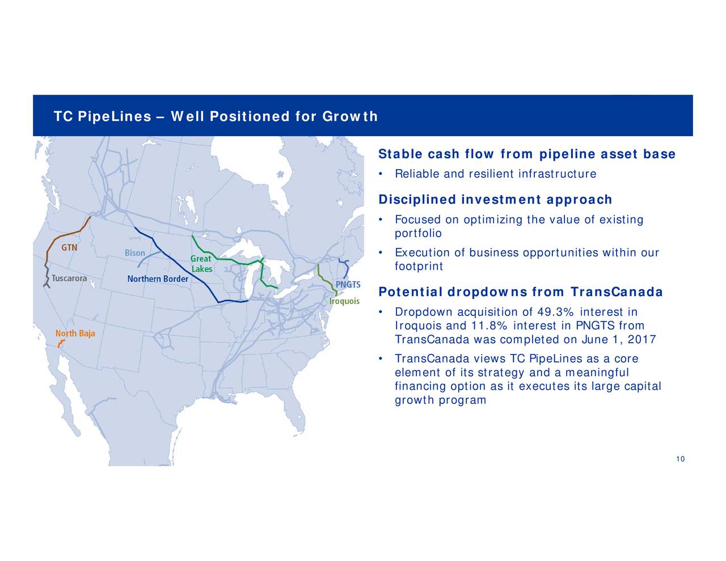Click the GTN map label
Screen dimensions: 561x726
click(x=70, y=248)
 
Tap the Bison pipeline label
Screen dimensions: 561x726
click(x=135, y=253)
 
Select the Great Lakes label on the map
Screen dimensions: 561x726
click(x=201, y=264)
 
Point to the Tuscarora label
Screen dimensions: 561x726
click(x=69, y=279)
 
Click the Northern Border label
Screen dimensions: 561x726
click(x=157, y=279)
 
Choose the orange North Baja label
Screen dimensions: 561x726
click(x=75, y=333)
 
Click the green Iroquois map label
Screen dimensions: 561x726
click(x=344, y=301)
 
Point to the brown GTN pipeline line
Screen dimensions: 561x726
click(x=64, y=234)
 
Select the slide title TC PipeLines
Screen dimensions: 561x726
click(x=215, y=117)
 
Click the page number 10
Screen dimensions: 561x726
click(x=680, y=459)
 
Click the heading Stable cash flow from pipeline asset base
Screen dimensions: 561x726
click(x=526, y=154)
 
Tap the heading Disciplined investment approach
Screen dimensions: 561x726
click(x=495, y=200)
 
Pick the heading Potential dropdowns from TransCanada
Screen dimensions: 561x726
click(x=520, y=292)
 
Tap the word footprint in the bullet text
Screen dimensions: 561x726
click(x=418, y=266)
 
